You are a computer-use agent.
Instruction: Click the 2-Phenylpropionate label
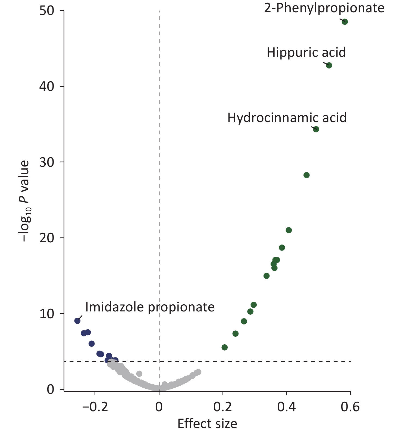324,8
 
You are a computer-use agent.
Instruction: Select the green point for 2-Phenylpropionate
345,22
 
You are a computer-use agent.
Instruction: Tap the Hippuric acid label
306,52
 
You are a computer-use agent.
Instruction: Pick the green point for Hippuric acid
329,65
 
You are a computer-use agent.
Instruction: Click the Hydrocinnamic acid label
287,118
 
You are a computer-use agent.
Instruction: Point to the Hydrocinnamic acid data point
316,129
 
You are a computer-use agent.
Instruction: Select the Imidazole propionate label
150,307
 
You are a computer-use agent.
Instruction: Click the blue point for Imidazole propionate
77,321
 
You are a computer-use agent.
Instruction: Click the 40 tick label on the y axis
47,86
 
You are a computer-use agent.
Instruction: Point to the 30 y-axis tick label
47,162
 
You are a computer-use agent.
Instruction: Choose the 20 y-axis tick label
47,238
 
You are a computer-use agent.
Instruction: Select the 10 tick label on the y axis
47,314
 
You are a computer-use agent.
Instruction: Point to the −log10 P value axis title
24,201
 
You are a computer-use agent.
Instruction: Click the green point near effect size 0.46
306,175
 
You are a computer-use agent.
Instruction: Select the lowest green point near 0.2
225,347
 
